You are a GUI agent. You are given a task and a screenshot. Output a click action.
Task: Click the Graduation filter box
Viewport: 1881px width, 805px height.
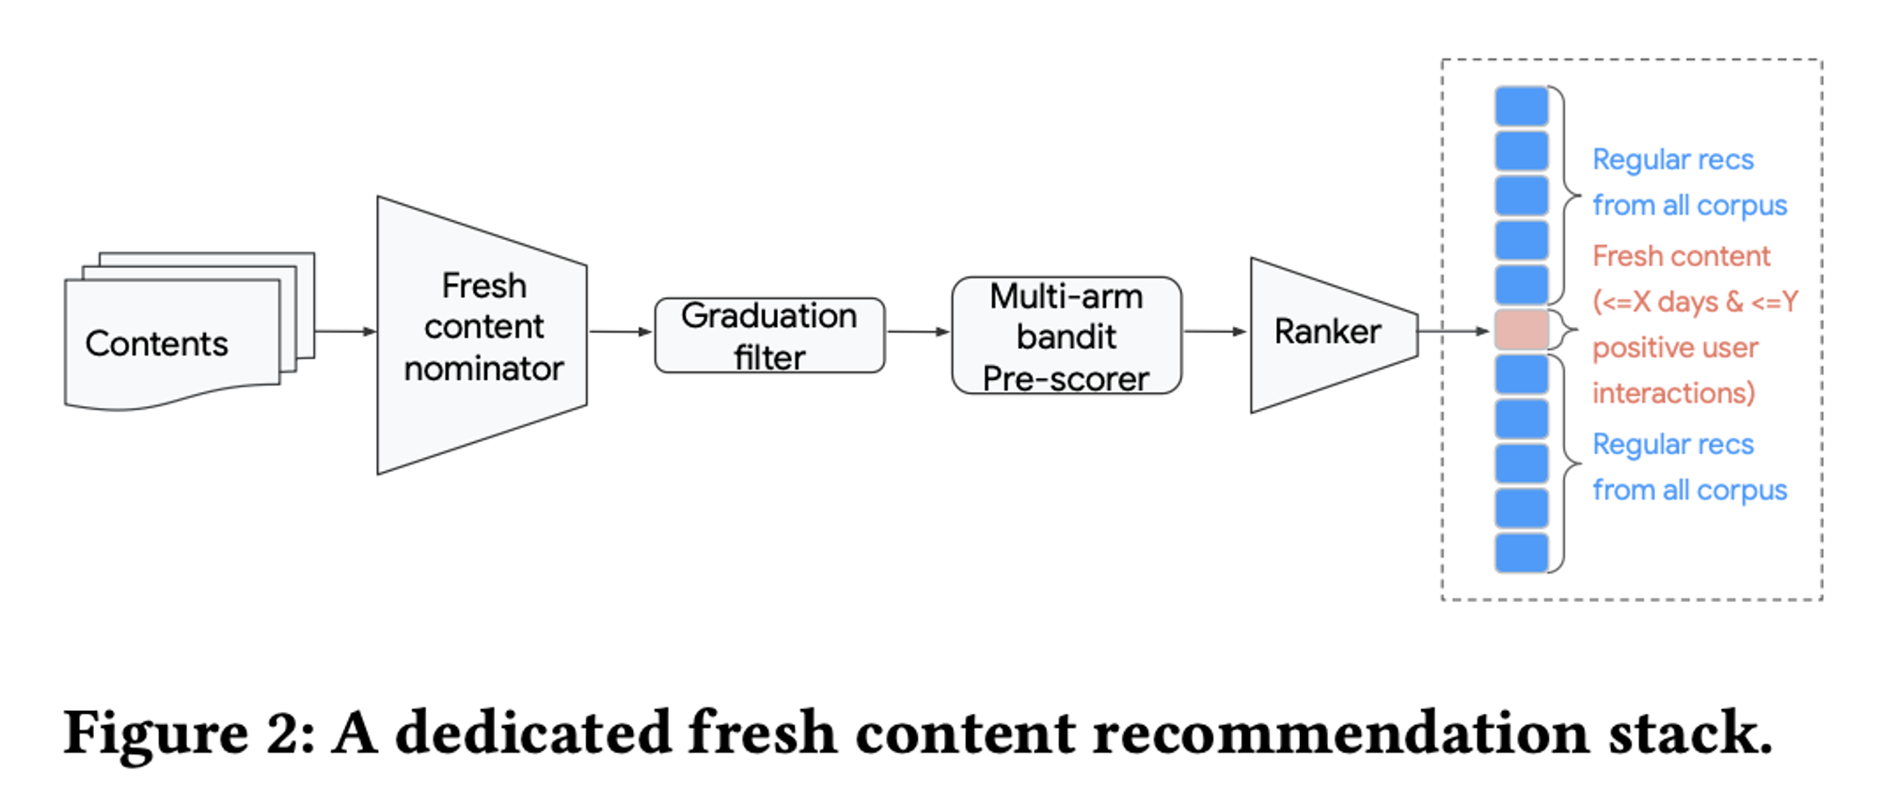pyautogui.click(x=769, y=336)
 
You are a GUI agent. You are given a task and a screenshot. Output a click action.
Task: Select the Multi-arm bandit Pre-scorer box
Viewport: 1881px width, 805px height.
pyautogui.click(x=1066, y=336)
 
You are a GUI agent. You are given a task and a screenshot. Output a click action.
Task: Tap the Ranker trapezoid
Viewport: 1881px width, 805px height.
pyautogui.click(x=1328, y=333)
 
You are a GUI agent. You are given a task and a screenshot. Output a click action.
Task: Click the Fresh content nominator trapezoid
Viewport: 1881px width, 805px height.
pyautogui.click(x=482, y=329)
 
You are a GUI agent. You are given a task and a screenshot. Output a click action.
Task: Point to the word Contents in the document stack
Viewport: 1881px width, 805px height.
pyautogui.click(x=156, y=344)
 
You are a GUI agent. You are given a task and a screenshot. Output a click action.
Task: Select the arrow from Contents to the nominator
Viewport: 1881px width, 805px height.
pyautogui.click(x=344, y=331)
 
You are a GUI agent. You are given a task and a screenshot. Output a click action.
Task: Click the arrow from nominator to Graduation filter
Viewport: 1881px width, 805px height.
pyautogui.click(x=620, y=331)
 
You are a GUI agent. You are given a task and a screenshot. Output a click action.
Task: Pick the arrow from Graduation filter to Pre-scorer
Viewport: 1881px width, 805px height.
pyautogui.click(x=917, y=331)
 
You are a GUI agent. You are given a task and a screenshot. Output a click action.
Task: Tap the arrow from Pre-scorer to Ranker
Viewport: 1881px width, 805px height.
pyautogui.click(x=1214, y=331)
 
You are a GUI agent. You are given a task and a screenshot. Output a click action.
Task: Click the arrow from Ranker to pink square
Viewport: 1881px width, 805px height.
pyautogui.click(x=1454, y=331)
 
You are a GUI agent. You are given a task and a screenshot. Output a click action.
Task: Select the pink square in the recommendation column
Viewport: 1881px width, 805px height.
pyautogui.click(x=1521, y=330)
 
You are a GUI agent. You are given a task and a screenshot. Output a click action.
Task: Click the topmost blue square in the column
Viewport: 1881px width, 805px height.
pyautogui.click(x=1521, y=106)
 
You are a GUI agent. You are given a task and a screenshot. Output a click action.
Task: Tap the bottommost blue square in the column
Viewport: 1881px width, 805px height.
pyautogui.click(x=1521, y=553)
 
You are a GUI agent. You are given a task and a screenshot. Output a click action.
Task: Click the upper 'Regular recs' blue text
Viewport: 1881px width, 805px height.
pyautogui.click(x=1672, y=160)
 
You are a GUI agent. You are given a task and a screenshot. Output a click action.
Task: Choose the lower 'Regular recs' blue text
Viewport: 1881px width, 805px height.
pyautogui.click(x=1672, y=445)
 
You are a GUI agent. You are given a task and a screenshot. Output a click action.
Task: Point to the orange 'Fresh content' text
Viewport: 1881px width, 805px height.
pyautogui.click(x=1681, y=256)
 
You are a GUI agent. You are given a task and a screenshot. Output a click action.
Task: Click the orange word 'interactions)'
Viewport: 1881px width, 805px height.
pyautogui.click(x=1673, y=393)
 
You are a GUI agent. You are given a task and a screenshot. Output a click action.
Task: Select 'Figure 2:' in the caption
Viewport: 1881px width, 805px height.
pyautogui.click(x=188, y=734)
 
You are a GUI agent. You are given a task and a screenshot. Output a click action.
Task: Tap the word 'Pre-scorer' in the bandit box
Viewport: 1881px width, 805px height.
pyautogui.click(x=1066, y=379)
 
